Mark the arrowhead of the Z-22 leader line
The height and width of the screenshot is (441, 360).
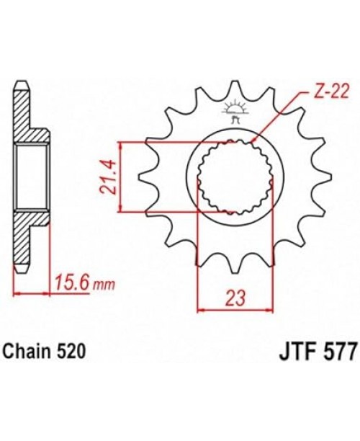[x=256, y=139]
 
